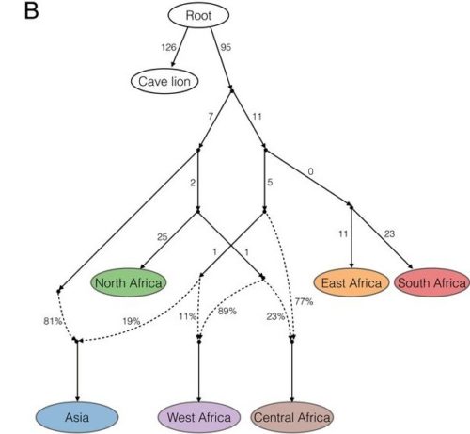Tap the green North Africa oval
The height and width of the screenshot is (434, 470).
[128, 281]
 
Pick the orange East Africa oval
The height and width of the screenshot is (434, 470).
[351, 281]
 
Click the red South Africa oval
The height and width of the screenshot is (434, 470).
[431, 281]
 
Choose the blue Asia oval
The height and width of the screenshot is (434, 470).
[76, 414]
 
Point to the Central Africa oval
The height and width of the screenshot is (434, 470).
[291, 414]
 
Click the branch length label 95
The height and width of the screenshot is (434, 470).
[227, 45]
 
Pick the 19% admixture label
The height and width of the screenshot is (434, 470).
[131, 320]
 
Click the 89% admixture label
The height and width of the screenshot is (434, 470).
[226, 312]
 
